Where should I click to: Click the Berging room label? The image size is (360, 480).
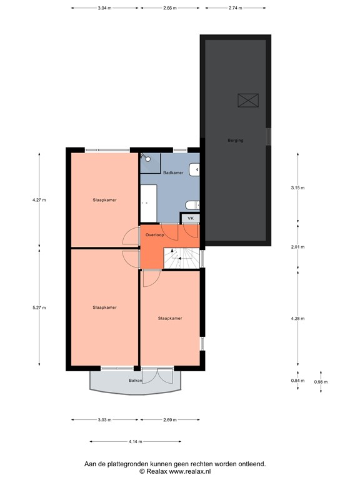click(x=235, y=140)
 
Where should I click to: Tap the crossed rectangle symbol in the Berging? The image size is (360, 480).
click(x=248, y=100)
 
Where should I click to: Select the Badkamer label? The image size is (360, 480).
click(x=172, y=172)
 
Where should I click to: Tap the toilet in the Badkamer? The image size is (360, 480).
click(x=192, y=204)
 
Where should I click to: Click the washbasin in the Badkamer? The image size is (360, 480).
click(x=196, y=167)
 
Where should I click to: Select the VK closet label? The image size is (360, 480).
click(x=191, y=218)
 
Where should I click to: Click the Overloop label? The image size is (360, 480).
click(x=154, y=234)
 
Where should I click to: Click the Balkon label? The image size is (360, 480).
click(x=136, y=381)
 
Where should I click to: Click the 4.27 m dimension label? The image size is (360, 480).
click(x=39, y=200)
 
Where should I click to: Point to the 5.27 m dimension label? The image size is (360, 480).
click(x=39, y=307)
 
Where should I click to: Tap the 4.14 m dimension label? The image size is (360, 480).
click(x=136, y=442)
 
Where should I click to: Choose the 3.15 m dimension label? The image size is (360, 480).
click(x=297, y=187)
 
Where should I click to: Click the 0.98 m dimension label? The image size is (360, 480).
click(x=321, y=382)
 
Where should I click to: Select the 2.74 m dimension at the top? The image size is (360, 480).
click(x=236, y=9)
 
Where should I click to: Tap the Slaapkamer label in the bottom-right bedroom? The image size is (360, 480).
click(x=170, y=318)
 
